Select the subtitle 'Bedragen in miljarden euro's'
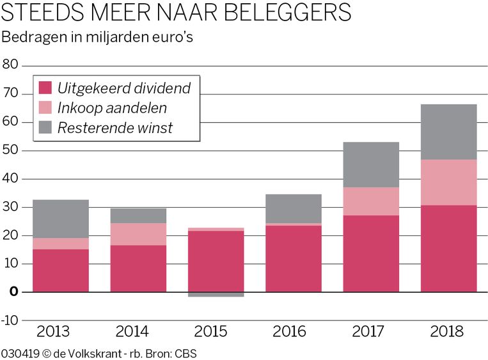[97, 36]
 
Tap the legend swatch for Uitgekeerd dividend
[45, 88]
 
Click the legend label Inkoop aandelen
[112, 108]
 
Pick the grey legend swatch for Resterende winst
[45, 127]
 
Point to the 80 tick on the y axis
[11, 65]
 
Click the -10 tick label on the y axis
[10, 319]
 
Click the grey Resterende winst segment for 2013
[61, 219]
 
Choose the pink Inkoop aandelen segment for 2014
[138, 234]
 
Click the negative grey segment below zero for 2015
[216, 294]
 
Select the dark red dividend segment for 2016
[294, 258]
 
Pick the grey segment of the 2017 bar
[371, 164]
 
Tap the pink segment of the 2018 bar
[448, 182]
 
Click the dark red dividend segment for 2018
[448, 248]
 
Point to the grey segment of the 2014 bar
[138, 215]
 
